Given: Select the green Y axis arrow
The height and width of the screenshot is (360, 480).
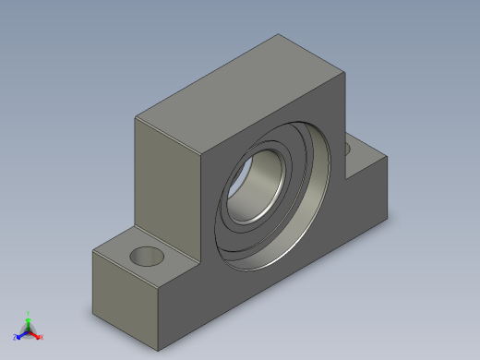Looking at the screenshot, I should point(29,320).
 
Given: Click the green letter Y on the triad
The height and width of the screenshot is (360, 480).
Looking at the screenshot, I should point(29,313).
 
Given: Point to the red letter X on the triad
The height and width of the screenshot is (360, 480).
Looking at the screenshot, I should point(42,338).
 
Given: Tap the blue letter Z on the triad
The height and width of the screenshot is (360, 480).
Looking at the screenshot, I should point(15,338).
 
